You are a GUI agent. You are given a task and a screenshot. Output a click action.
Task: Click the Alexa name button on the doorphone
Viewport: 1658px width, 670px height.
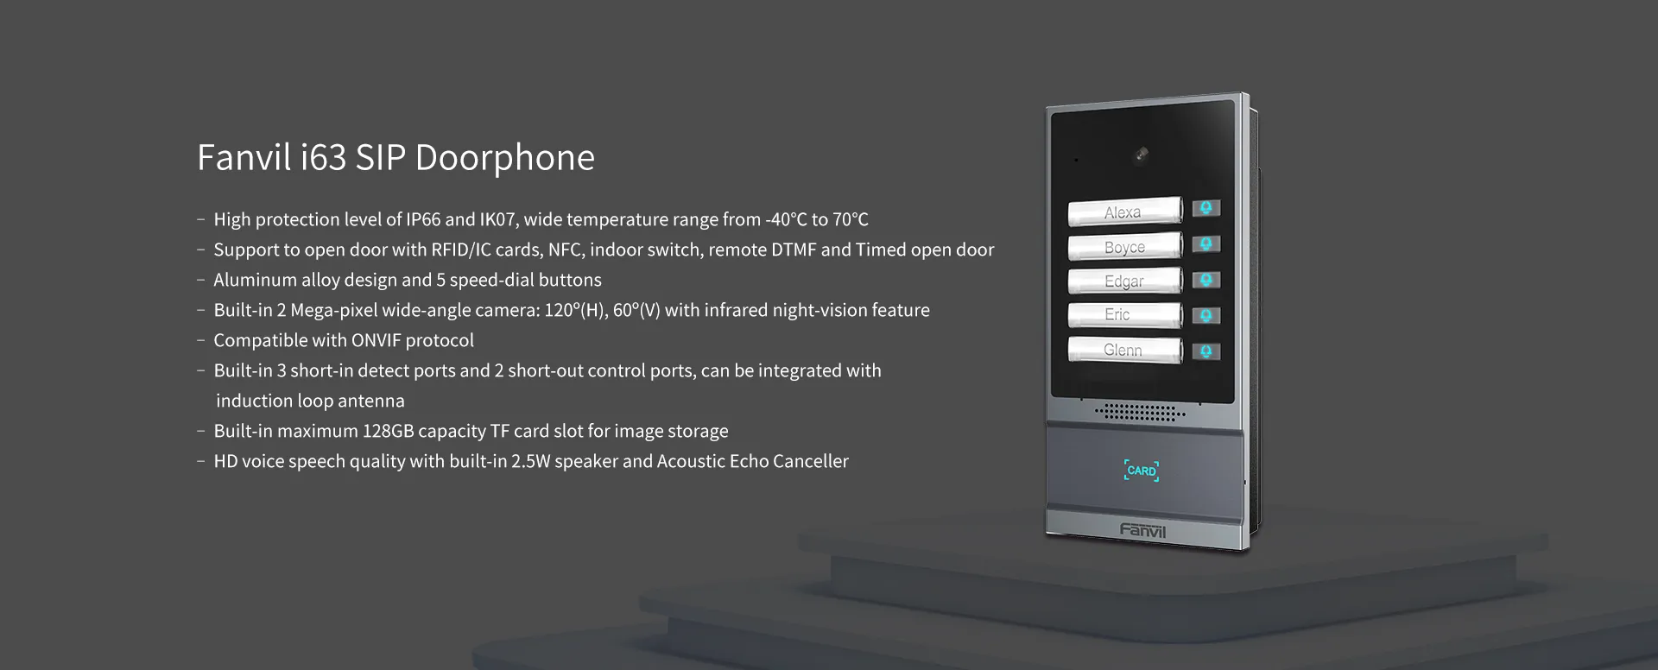coord(1124,212)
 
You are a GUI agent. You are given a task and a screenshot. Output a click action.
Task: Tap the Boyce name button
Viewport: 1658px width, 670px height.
coord(1124,247)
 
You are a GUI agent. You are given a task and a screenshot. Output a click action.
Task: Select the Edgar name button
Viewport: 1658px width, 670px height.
coord(1124,281)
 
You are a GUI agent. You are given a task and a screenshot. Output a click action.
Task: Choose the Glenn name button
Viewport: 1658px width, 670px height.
coord(1124,350)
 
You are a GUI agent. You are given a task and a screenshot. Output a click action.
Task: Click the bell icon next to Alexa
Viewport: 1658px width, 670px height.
coord(1206,208)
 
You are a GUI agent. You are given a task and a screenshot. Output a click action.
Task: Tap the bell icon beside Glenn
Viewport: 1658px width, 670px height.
coord(1206,351)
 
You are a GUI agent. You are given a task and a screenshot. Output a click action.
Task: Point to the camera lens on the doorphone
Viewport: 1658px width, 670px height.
coord(1142,155)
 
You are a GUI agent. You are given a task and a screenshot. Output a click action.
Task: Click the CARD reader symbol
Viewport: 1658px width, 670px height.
coord(1142,471)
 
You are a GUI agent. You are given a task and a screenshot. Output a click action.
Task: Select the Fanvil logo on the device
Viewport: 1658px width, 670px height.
coord(1142,530)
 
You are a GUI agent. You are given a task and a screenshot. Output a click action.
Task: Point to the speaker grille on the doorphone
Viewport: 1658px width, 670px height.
coord(1140,412)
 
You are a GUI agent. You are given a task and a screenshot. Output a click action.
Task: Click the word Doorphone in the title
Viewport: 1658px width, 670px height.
coord(505,158)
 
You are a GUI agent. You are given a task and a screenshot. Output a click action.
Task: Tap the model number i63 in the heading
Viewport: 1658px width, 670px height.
coord(324,158)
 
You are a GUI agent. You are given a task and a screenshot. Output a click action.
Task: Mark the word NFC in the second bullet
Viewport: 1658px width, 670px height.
coord(566,250)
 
